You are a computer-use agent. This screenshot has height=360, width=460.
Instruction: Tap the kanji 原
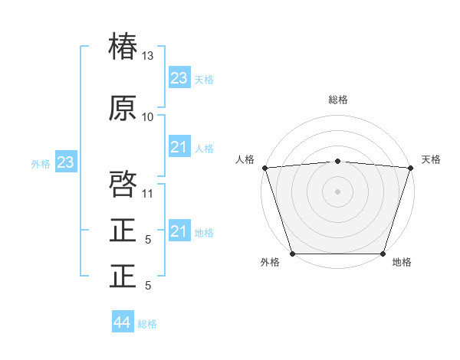point(123,109)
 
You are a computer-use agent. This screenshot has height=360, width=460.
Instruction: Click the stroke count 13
point(148,56)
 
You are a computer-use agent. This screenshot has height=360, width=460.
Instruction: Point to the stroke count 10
point(148,117)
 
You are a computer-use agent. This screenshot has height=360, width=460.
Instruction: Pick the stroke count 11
point(148,193)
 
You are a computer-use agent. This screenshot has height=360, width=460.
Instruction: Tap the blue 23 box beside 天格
point(179,78)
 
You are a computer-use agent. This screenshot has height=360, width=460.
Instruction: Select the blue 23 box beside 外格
point(65,162)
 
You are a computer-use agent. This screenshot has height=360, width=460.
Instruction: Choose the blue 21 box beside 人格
point(179,147)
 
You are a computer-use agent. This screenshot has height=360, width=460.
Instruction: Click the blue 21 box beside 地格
point(179,231)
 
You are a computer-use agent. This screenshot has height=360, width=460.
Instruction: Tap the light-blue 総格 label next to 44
point(147,324)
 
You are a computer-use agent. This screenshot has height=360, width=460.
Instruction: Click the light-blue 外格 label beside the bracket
point(41,163)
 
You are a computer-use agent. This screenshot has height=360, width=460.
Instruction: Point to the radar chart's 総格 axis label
point(337,100)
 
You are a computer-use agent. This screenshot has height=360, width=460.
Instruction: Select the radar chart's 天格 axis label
point(431,159)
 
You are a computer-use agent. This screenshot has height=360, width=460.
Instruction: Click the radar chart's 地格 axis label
point(402,263)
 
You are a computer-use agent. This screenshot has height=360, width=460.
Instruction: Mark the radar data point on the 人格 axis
point(264,168)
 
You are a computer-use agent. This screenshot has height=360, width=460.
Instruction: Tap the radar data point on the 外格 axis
point(293,254)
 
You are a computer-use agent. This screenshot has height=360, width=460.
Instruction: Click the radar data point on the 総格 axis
point(337,161)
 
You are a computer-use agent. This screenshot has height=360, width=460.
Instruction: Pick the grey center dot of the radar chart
point(337,191)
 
